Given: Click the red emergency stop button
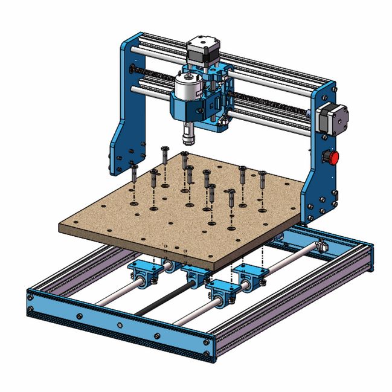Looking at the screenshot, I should click(x=332, y=158).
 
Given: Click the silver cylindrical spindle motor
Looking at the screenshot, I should click(x=188, y=87).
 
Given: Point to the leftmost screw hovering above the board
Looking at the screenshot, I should click(x=134, y=174).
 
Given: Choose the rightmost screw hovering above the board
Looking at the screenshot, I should click(x=263, y=179).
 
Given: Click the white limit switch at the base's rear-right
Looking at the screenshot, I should click(x=321, y=246).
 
